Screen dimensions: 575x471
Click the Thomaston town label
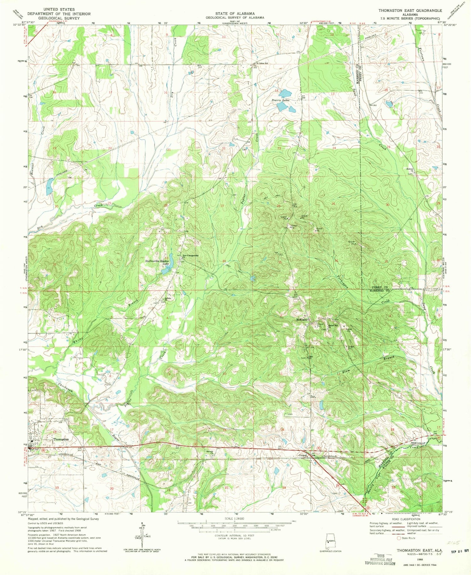(x=61, y=439)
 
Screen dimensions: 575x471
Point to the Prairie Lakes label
(x=280, y=100)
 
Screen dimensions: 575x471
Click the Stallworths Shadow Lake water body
(x=166, y=270)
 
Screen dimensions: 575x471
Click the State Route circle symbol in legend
(x=399, y=538)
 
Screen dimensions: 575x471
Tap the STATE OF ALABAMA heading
(x=235, y=13)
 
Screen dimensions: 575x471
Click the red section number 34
(x=224, y=261)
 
